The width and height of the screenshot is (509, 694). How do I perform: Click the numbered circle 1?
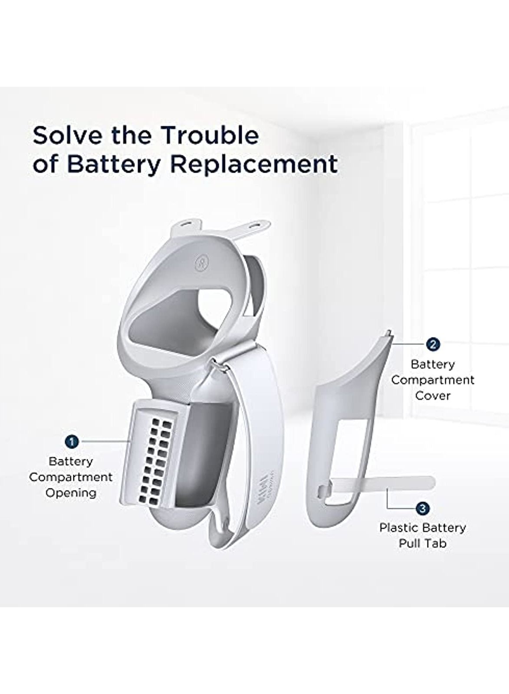pyautogui.click(x=72, y=441)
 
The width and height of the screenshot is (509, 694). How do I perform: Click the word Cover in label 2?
pyautogui.click(x=433, y=396)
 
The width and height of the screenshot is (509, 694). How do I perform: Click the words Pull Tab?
pyautogui.click(x=423, y=543)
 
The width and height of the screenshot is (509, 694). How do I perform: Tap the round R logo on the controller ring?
pyautogui.click(x=200, y=263)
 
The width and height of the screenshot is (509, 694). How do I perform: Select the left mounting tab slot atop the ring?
pyautogui.click(x=187, y=223)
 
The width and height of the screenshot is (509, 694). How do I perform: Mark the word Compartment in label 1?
pyautogui.click(x=71, y=477)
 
